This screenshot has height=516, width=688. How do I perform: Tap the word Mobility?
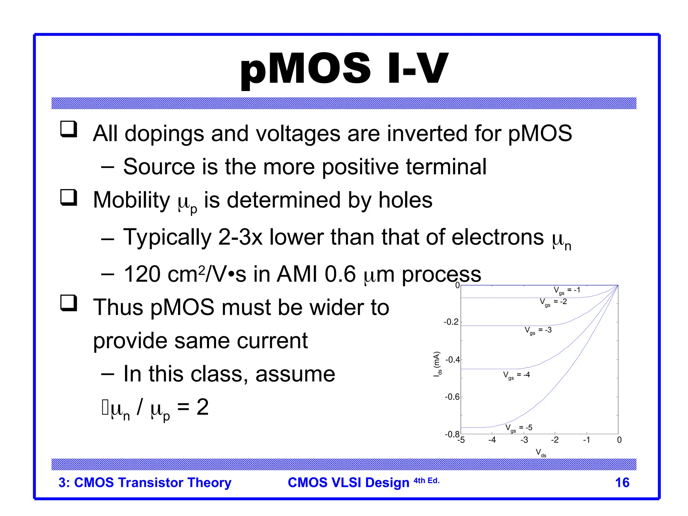132,200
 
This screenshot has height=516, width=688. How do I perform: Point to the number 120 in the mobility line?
142,274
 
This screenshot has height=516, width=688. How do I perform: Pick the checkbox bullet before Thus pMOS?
69,303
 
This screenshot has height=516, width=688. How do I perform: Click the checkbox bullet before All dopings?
69,129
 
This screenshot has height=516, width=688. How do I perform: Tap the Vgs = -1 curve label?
567,291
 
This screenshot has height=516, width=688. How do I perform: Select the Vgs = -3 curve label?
538,331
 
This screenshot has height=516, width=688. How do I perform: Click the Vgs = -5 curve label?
519,428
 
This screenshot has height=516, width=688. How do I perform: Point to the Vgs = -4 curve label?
516,375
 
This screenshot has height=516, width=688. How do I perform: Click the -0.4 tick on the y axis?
453,360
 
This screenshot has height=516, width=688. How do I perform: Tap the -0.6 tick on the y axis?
452,397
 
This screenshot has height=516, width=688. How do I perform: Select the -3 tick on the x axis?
524,440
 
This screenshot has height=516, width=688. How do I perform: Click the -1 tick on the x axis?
587,440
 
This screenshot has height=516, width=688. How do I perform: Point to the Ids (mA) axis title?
437,364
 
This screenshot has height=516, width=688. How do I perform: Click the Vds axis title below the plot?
541,453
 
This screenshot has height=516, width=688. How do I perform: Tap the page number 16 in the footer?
622,483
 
